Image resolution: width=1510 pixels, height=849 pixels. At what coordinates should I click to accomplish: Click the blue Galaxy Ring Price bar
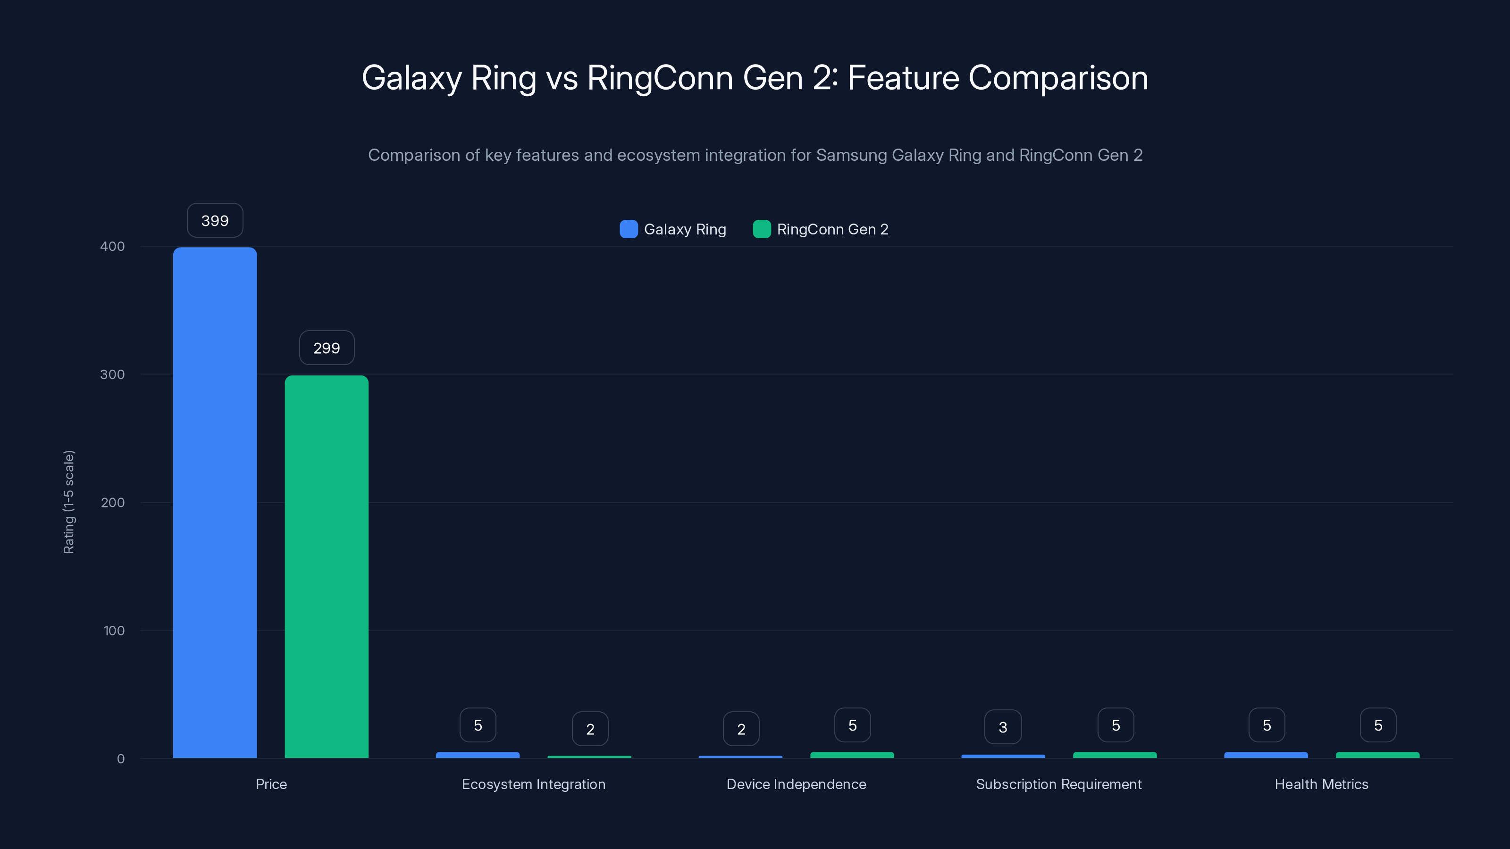215,502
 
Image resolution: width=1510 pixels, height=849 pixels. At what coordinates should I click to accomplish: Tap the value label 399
215,221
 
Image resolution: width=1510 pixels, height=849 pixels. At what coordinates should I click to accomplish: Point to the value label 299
327,348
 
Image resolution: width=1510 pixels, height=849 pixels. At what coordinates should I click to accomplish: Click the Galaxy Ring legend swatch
629,229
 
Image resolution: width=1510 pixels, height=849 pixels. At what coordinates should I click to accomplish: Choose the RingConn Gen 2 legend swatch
762,229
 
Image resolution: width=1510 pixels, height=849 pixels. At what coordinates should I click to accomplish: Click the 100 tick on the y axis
114,631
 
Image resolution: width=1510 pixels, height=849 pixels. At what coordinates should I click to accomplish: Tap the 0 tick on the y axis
120,759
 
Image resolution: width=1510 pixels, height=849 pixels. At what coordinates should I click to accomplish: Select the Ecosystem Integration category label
533,784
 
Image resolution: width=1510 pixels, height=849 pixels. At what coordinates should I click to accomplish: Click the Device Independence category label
796,784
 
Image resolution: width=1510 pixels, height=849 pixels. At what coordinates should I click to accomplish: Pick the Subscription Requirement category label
1058,784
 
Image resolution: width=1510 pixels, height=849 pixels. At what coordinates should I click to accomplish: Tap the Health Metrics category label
1321,784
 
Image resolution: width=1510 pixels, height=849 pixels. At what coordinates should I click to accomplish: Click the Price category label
271,784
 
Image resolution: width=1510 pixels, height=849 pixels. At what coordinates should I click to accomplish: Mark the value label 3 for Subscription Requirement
1003,727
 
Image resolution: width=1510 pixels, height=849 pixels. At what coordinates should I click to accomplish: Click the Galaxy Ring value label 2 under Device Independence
741,729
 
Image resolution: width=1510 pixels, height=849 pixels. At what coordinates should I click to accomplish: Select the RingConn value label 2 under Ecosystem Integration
590,729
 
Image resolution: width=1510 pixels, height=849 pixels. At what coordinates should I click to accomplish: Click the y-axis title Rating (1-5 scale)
68,501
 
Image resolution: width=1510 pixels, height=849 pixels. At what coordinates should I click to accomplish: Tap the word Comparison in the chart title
1058,78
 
